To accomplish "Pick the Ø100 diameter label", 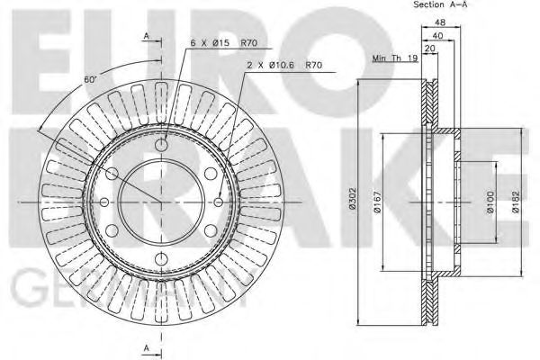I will click(490, 202).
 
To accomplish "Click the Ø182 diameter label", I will click(517, 202).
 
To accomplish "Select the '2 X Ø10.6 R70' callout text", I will click(284, 66).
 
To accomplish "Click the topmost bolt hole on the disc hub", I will click(162, 146).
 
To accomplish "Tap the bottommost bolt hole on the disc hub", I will click(162, 260).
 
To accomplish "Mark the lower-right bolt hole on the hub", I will click(211, 231).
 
